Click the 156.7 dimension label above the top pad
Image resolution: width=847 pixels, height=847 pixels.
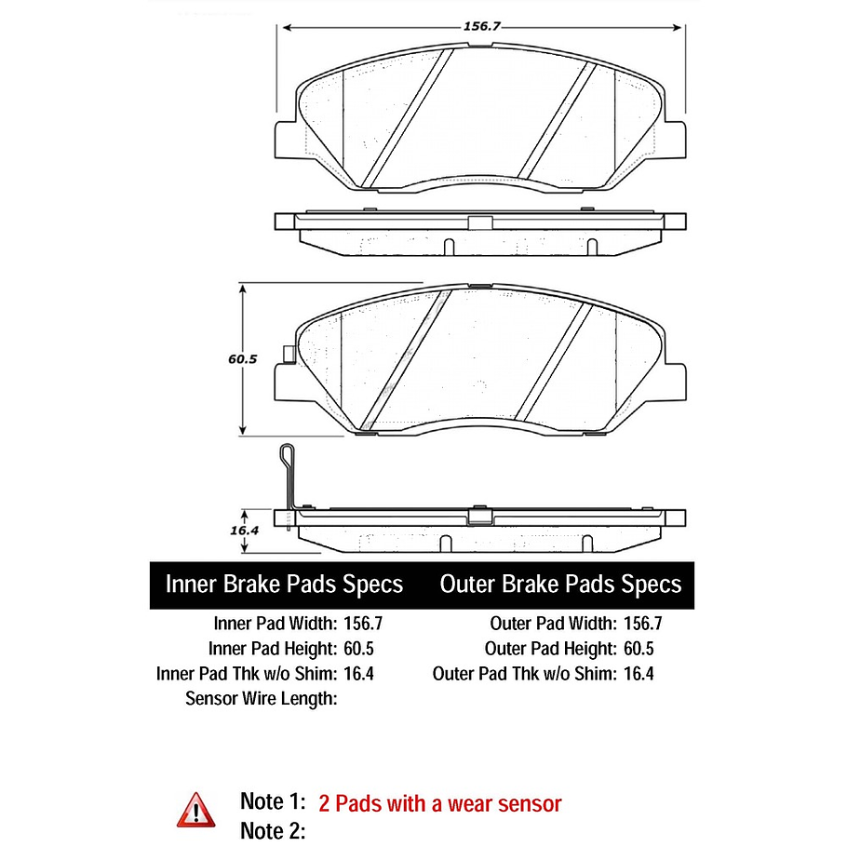click(482, 26)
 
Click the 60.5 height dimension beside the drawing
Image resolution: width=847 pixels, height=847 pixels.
click(243, 359)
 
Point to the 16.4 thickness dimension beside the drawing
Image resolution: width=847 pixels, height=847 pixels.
click(244, 531)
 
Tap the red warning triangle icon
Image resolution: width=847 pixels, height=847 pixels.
click(195, 811)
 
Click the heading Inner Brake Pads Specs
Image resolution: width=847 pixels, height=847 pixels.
click(284, 585)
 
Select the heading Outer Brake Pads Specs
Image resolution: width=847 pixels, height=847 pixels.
click(560, 585)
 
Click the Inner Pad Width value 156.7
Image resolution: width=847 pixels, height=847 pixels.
click(363, 624)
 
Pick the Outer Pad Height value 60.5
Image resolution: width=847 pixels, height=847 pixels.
click(639, 648)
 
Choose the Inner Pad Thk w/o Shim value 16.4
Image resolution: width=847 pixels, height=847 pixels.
click(358, 674)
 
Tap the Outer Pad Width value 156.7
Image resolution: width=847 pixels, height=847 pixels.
click(643, 624)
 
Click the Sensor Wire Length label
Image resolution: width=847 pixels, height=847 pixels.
click(262, 698)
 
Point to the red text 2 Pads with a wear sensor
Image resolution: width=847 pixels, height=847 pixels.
click(439, 804)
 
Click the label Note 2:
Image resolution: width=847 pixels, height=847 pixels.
click(273, 831)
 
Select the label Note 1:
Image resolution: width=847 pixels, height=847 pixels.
click(273, 801)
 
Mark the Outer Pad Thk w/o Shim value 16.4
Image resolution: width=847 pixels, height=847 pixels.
click(639, 674)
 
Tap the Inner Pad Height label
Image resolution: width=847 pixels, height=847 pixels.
click(273, 648)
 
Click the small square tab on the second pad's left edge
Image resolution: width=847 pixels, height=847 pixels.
click(289, 354)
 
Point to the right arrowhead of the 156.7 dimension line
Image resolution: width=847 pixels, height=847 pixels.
click(677, 28)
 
